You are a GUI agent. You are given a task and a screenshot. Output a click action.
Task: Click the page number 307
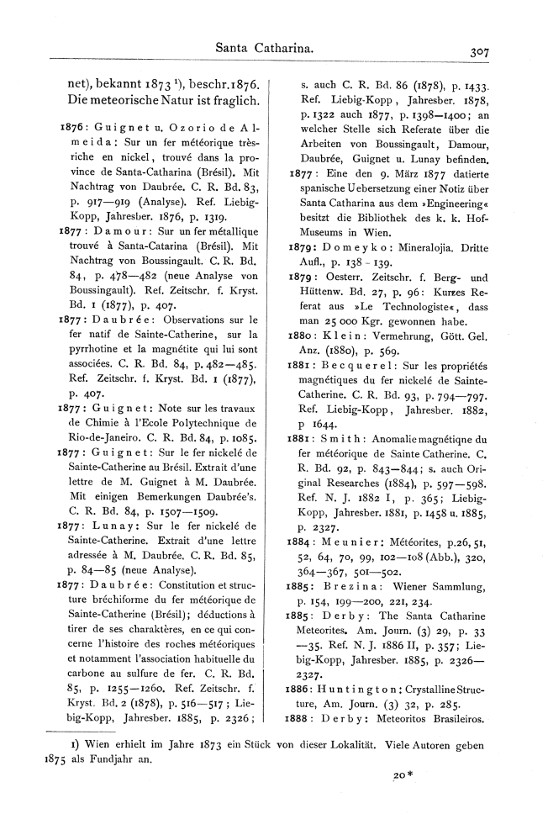coord(481,51)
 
